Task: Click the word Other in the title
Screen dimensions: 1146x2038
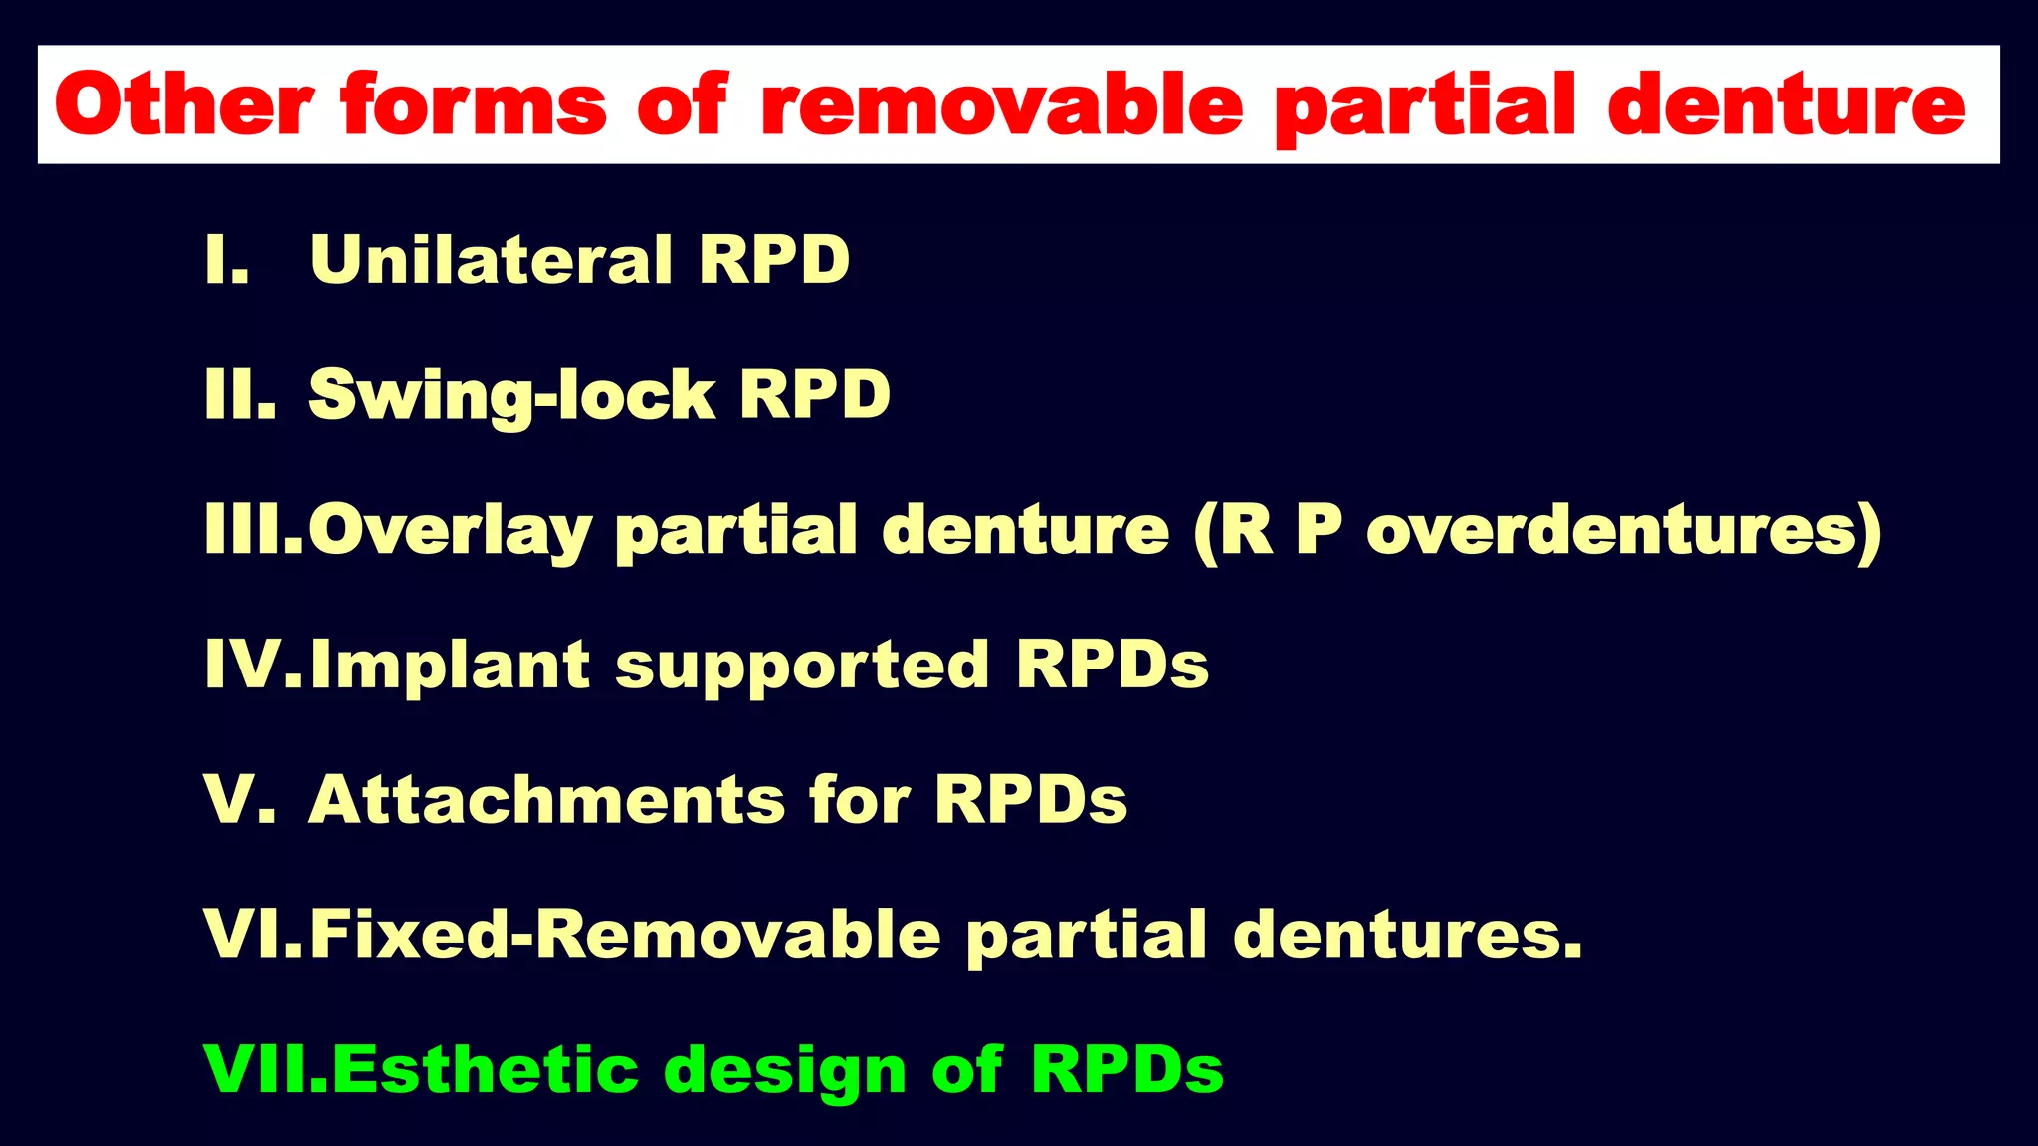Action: point(184,104)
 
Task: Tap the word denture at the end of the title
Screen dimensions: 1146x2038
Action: point(1786,104)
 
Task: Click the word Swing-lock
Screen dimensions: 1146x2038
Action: point(511,396)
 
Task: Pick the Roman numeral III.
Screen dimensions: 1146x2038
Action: point(252,530)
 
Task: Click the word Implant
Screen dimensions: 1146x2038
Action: point(450,666)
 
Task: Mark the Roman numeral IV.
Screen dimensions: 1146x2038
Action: point(252,666)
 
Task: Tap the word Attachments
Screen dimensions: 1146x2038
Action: point(546,800)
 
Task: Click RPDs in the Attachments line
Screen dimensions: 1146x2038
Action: point(1030,800)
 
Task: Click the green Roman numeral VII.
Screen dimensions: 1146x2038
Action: point(264,1070)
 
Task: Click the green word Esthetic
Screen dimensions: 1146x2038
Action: point(485,1070)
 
